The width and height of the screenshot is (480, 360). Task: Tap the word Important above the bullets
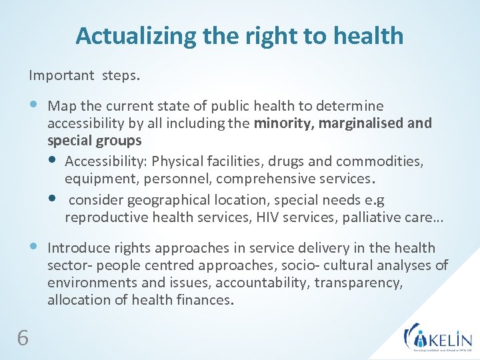coord(62,75)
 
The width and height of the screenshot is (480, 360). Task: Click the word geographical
coord(165,200)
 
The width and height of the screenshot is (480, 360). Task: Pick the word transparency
coord(359,283)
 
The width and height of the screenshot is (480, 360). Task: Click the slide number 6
coord(23,339)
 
